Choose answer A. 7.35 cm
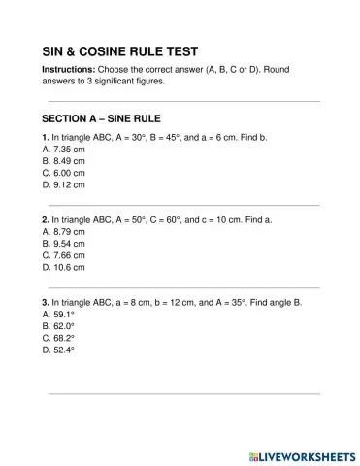(64, 150)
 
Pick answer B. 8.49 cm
(64, 161)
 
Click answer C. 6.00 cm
(64, 173)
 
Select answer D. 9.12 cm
(64, 184)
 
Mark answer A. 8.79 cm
(64, 232)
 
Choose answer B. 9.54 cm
(64, 244)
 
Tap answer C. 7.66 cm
(64, 255)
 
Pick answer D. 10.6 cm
(64, 267)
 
